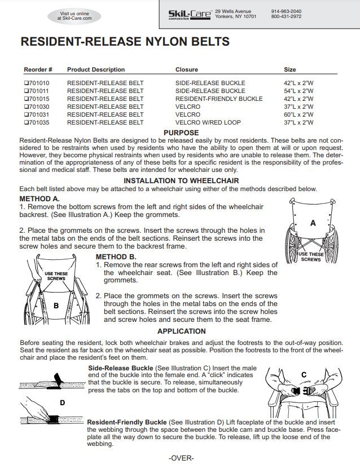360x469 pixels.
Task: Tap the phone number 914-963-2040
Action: click(x=286, y=11)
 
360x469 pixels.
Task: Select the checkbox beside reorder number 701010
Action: click(x=26, y=83)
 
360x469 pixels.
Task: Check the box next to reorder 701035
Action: click(x=26, y=122)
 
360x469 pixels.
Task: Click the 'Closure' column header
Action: click(x=186, y=69)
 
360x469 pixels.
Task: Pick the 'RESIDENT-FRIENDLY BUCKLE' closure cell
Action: click(x=218, y=99)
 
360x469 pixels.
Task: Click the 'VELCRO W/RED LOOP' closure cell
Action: click(x=208, y=122)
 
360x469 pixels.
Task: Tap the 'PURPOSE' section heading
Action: click(x=181, y=132)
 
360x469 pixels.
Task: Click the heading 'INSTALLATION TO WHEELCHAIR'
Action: click(x=181, y=181)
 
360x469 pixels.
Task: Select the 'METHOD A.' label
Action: click(x=39, y=199)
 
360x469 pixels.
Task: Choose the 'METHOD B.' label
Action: click(x=116, y=256)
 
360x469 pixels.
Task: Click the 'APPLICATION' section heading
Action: click(x=181, y=331)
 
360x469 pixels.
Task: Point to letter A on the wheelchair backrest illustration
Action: click(x=313, y=223)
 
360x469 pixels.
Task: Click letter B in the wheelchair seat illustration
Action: click(x=55, y=305)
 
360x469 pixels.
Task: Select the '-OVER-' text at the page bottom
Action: click(x=181, y=458)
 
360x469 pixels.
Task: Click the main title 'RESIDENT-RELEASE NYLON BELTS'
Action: click(x=125, y=42)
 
